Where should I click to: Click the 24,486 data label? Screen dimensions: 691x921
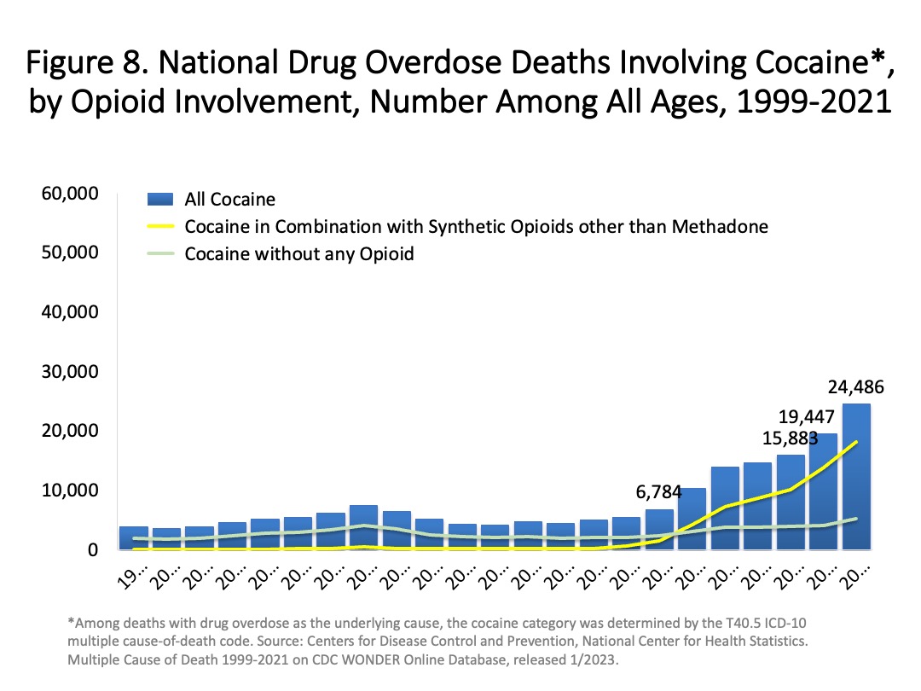pos(855,387)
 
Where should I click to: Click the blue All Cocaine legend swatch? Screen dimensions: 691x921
pos(161,200)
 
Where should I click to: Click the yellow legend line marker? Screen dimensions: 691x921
pos(161,227)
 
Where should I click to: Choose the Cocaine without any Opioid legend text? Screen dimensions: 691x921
pos(299,254)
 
